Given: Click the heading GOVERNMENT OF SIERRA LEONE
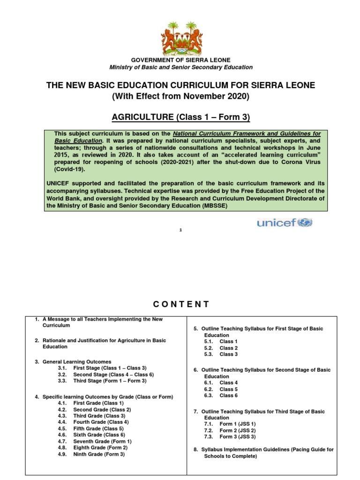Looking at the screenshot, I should (180, 60).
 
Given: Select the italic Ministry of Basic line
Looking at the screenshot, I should (180, 67).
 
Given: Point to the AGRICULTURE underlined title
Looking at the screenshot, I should (180, 116).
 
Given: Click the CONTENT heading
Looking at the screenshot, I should (180, 304).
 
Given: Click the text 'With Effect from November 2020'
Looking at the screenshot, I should (180, 97).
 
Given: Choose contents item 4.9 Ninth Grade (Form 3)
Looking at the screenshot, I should (98, 454).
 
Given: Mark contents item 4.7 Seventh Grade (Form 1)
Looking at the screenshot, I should (102, 441).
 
